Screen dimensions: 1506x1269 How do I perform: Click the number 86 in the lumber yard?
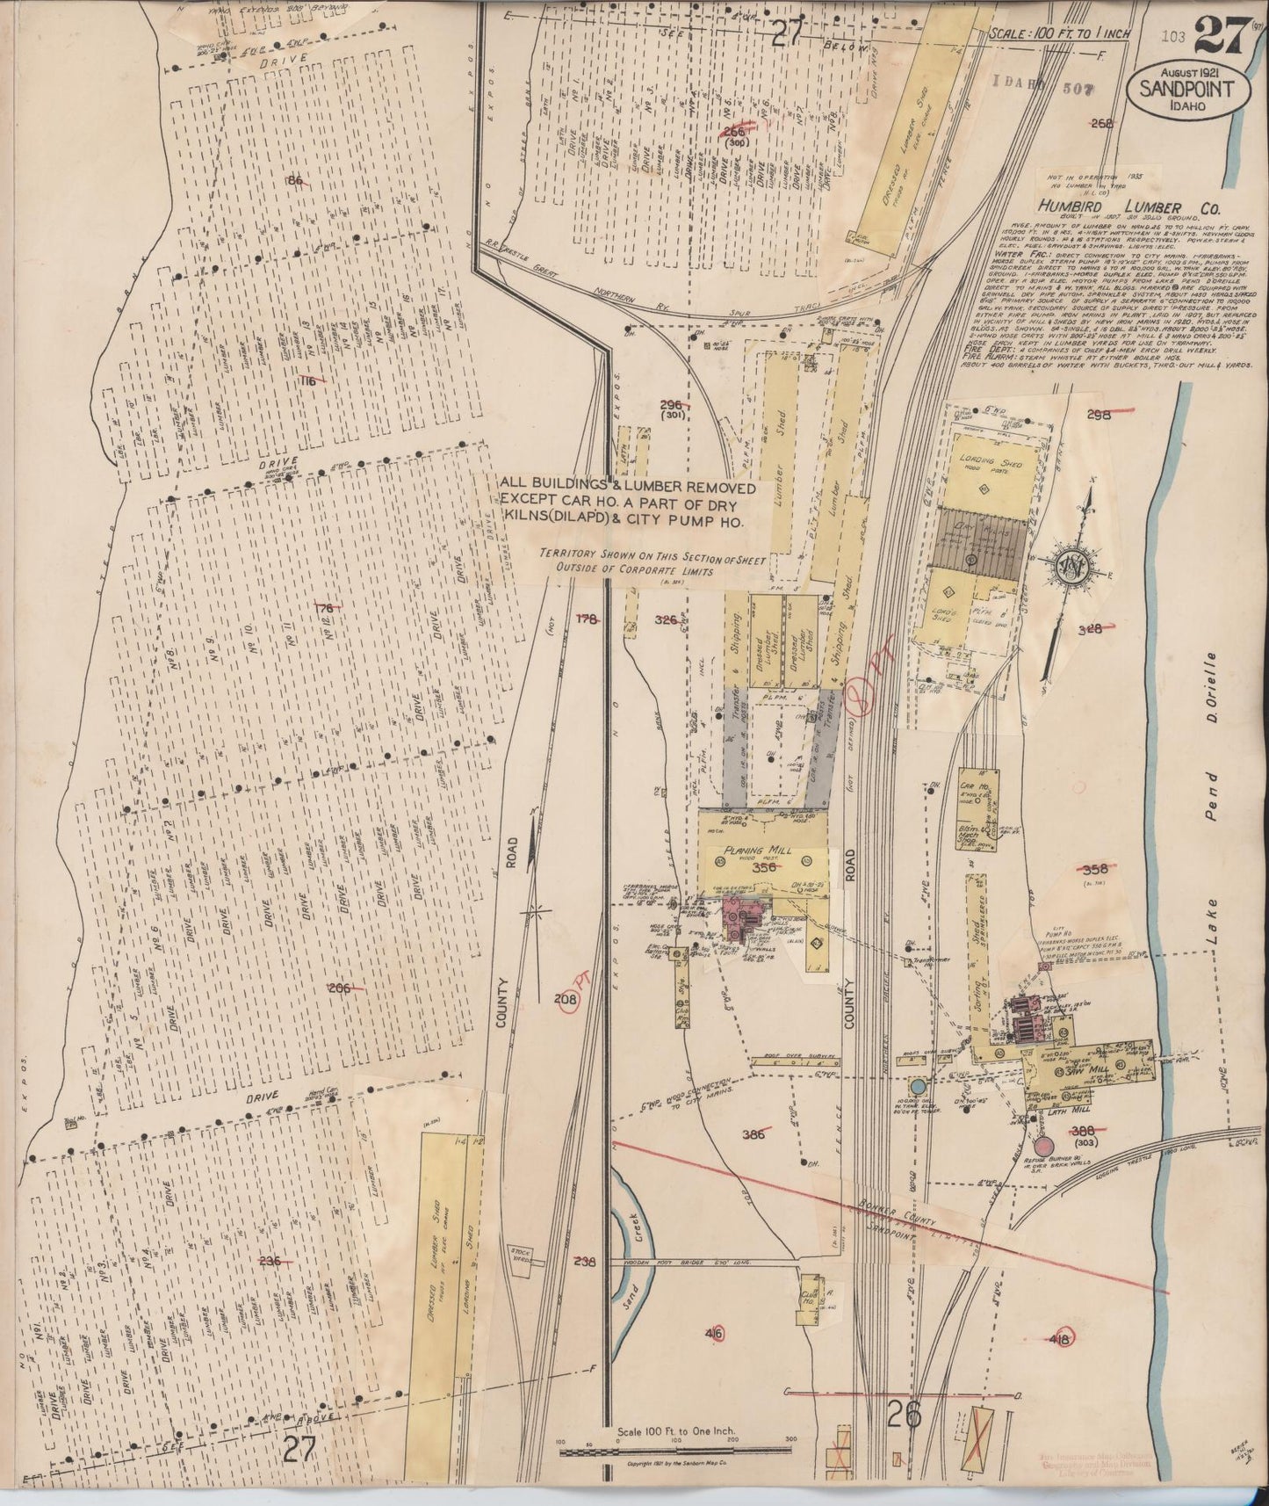click(295, 181)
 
